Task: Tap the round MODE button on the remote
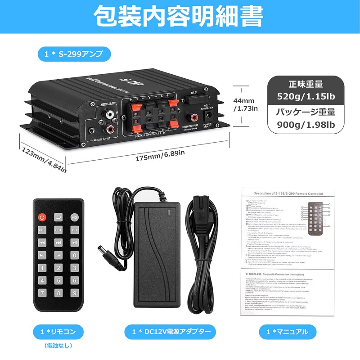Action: (x=75, y=217)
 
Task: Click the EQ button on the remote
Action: (x=75, y=230)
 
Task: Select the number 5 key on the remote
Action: (x=58, y=280)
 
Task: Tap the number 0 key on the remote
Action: (x=75, y=255)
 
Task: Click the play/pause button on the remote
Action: (x=75, y=243)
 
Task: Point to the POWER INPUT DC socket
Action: (x=208, y=116)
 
